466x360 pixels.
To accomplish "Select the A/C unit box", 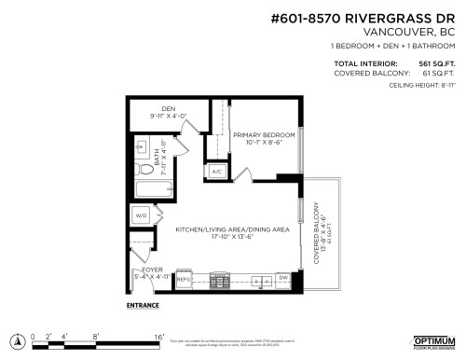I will coord(215,173).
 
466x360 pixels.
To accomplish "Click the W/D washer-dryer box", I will coord(143,215).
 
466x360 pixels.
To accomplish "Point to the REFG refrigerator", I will coord(184,279).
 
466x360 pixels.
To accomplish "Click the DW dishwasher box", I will coord(283,279).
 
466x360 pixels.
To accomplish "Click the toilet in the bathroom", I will coord(136,171).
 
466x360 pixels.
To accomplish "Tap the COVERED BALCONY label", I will coord(320,232).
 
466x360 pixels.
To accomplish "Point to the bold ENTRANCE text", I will coord(142,305).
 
